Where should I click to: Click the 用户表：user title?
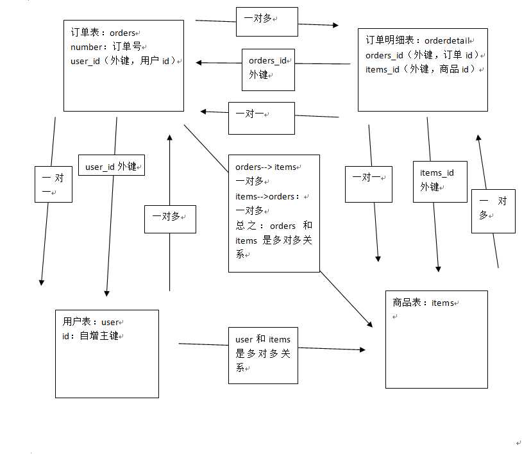(92, 322)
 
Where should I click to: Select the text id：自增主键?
(92, 335)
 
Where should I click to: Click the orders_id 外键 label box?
(268, 67)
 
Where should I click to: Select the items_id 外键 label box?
(439, 180)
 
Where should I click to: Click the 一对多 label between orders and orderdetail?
(267, 21)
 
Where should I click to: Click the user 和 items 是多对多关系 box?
(263, 354)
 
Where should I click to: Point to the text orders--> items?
(266, 167)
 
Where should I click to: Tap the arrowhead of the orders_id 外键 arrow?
(199, 62)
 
